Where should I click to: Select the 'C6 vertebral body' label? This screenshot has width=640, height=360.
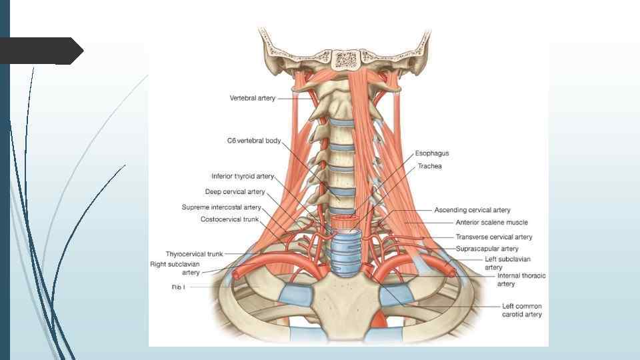point(253,141)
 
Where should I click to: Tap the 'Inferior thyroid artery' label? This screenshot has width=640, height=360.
point(243,177)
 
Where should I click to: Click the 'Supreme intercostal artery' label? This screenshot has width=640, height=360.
point(221,207)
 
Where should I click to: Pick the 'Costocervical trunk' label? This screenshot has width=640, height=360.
point(229,219)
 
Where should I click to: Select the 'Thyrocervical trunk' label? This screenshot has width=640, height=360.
point(195,254)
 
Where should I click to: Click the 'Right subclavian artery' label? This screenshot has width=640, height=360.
point(175,269)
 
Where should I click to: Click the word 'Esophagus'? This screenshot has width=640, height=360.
point(432,153)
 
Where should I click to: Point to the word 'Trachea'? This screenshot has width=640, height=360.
point(429,166)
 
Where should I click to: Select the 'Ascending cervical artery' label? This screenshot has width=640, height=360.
point(472,210)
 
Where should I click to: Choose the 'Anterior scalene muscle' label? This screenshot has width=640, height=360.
point(491,223)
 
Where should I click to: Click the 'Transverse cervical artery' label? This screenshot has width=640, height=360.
point(494,237)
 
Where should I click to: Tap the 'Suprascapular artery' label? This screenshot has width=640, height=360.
point(487,249)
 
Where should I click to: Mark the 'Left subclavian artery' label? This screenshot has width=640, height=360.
point(508,263)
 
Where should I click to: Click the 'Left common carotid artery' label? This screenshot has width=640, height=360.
point(522,310)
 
